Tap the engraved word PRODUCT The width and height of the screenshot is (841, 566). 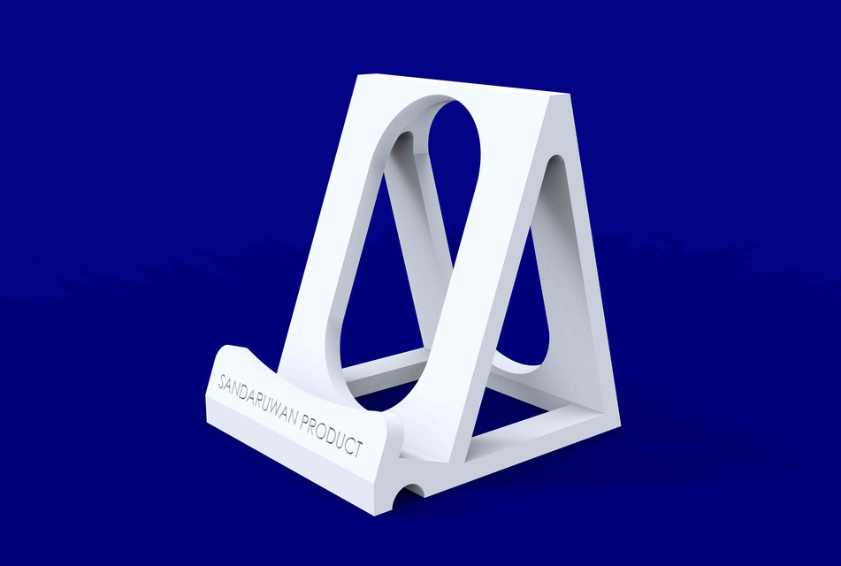tap(332, 434)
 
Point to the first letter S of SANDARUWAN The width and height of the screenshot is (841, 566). tap(221, 382)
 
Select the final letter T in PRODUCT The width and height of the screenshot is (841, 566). tap(358, 449)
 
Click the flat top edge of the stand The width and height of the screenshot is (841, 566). tap(460, 84)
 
